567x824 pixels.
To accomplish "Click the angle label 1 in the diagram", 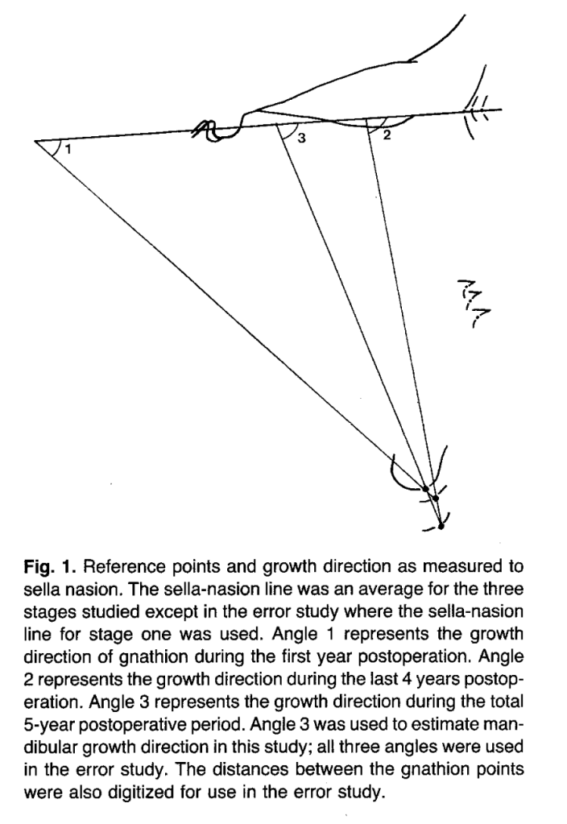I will click(68, 148).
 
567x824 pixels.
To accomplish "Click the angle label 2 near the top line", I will click(386, 135).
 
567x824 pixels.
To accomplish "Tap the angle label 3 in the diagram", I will click(301, 139).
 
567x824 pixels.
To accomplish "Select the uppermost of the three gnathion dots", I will click(425, 488).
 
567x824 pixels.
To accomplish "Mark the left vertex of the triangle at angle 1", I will click(36, 143).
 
